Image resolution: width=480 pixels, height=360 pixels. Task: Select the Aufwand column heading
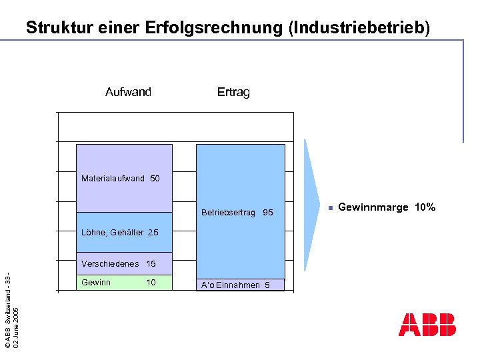pyautogui.click(x=128, y=92)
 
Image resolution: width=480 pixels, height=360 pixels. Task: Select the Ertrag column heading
pyautogui.click(x=233, y=92)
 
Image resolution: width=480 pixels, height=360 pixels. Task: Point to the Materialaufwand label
pyautogui.click(x=113, y=179)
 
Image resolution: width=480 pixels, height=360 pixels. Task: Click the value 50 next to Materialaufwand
pyautogui.click(x=155, y=179)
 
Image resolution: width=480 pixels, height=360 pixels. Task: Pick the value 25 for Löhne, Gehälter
pyautogui.click(x=153, y=233)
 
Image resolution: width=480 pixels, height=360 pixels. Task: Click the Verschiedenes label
pyautogui.click(x=110, y=264)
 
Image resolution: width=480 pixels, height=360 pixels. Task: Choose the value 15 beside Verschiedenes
pyautogui.click(x=151, y=264)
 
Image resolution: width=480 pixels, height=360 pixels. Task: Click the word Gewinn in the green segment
pyautogui.click(x=96, y=283)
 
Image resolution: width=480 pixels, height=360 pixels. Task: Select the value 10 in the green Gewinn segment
pyautogui.click(x=151, y=283)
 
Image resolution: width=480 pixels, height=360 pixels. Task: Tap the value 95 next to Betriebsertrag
pyautogui.click(x=268, y=213)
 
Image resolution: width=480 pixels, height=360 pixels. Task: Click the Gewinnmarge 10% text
pyautogui.click(x=387, y=207)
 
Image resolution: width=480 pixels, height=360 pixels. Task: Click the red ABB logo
pyautogui.click(x=427, y=325)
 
